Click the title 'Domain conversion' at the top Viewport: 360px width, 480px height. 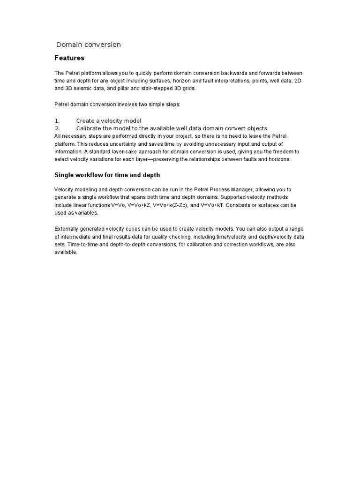[89, 45]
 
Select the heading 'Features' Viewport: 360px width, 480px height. [69, 58]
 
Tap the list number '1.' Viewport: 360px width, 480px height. [57, 121]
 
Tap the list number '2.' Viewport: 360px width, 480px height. [57, 128]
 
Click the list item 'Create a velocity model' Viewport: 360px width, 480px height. [108, 121]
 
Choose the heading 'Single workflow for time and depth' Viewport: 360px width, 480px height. [107, 175]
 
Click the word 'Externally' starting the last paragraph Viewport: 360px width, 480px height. [67, 229]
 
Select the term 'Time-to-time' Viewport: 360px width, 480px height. [83, 245]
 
